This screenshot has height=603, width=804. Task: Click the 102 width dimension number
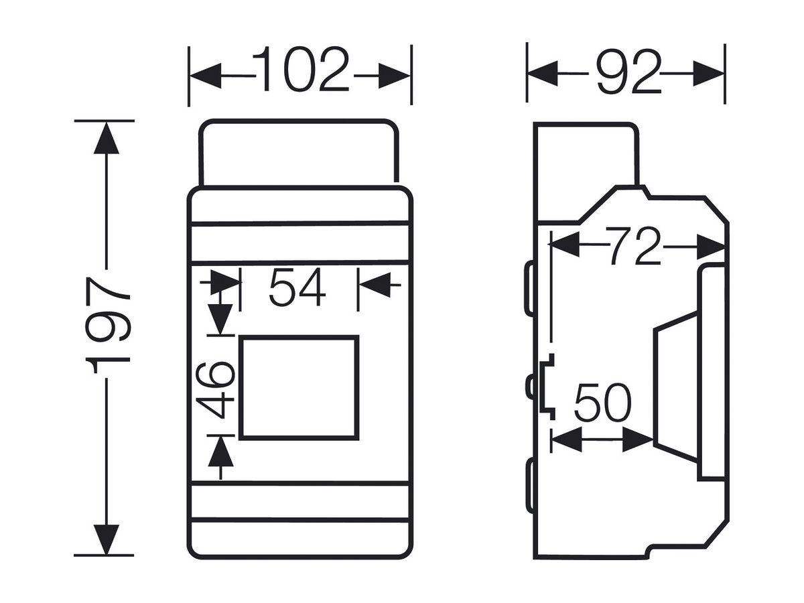[x=300, y=69]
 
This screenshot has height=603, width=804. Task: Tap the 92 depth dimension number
[x=629, y=72]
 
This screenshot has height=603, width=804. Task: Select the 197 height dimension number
[x=107, y=325]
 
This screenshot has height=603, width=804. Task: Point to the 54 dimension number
[x=297, y=287]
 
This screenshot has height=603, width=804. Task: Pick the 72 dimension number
[x=633, y=246]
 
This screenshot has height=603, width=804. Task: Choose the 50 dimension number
[x=602, y=403]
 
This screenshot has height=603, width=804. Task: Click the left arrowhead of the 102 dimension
[x=206, y=76]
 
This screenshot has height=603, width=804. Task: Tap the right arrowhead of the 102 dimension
[x=395, y=76]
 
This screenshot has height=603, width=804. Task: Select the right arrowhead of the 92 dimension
[x=708, y=73]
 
